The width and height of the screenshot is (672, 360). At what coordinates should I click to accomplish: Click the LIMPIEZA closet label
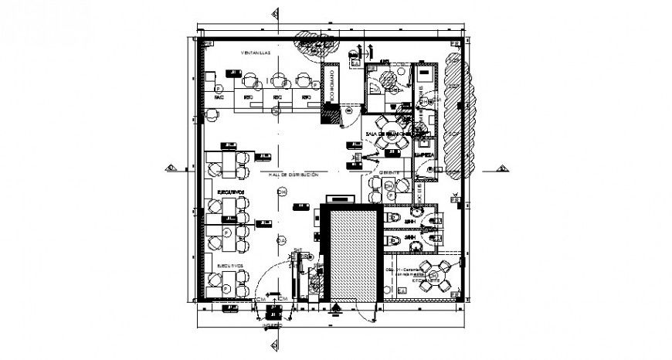425,155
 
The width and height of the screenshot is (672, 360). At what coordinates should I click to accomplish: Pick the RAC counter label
219,98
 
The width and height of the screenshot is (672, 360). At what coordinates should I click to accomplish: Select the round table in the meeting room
384,124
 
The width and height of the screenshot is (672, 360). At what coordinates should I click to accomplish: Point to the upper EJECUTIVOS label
231,190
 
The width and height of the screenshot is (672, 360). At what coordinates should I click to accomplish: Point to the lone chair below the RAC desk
212,114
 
